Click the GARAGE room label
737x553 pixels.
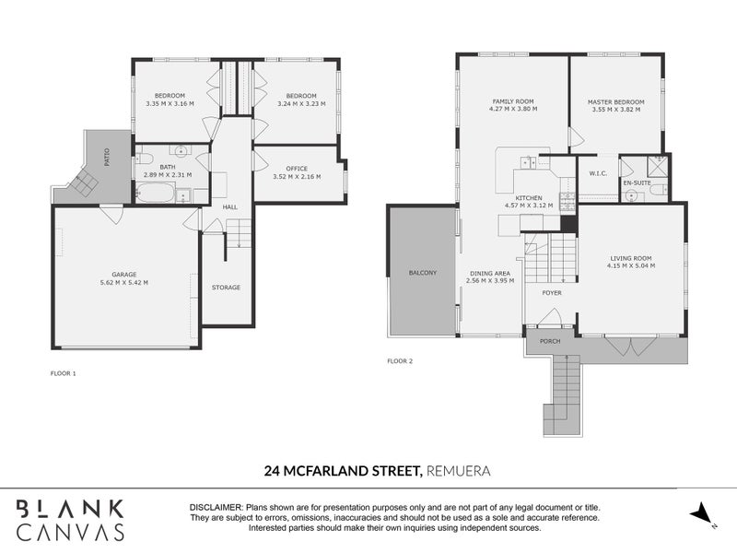click(124, 274)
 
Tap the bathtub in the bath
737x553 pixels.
click(155, 194)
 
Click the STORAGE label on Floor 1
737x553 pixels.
click(226, 288)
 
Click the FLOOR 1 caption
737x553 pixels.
click(64, 373)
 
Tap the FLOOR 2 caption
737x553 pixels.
click(400, 361)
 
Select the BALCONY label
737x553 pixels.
click(423, 274)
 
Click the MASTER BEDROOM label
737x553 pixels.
click(615, 101)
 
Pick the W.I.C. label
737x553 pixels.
click(596, 174)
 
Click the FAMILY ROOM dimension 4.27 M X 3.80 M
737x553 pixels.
click(513, 109)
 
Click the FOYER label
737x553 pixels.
click(551, 293)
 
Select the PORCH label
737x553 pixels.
click(550, 341)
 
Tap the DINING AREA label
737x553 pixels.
click(489, 273)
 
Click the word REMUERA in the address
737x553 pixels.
click(458, 471)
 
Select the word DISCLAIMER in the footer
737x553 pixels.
click(216, 508)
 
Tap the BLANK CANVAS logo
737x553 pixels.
click(71, 519)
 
